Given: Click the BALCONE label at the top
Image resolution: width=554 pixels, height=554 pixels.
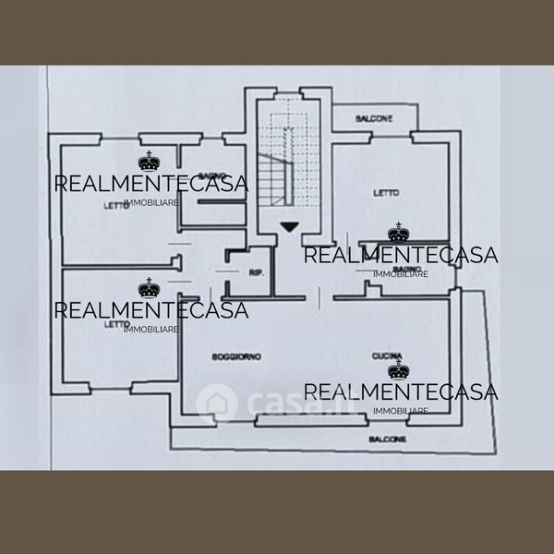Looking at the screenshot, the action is pos(375,118).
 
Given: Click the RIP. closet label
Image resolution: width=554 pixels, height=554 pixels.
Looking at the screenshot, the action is pos(256,271).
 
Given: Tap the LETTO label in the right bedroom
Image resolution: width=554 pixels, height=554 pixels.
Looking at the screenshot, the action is pos(386,193).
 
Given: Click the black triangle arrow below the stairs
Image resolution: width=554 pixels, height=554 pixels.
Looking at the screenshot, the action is pos(289,226).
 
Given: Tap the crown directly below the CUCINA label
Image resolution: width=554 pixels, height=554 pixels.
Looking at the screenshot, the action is pos(398,371).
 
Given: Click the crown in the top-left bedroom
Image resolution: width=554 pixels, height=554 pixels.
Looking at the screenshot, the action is pos(150,163).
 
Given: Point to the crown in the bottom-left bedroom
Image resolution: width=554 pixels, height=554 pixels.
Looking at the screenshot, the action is pos(149,290).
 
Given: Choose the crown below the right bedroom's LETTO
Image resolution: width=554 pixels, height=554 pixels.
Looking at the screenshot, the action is pos(398,234).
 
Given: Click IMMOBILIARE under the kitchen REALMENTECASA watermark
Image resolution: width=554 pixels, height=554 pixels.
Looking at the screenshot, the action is pos(401,410).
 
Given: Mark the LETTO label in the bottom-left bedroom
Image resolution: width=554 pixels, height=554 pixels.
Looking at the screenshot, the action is pos(117,324).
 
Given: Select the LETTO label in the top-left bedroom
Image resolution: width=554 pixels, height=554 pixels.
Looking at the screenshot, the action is pos(117,205).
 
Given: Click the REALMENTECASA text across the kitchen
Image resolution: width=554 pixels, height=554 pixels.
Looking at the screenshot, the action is pos(401,392).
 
